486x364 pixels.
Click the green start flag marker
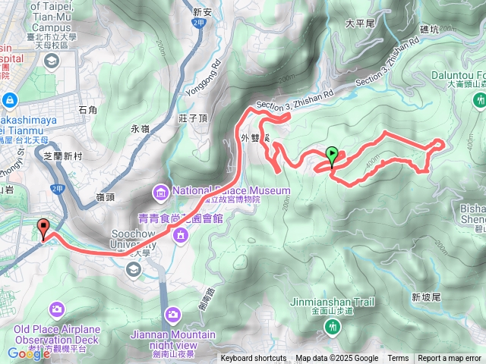(x=332, y=155)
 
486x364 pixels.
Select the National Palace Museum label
(x=231, y=190)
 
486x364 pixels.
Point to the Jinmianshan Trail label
(x=333, y=302)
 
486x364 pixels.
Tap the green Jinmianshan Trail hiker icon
(x=333, y=326)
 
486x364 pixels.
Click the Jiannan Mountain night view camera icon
(x=172, y=314)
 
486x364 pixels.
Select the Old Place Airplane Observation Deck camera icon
(x=57, y=309)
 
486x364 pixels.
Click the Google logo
(x=29, y=353)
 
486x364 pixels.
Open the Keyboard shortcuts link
(x=254, y=359)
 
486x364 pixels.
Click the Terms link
(x=398, y=359)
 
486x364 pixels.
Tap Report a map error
(x=450, y=359)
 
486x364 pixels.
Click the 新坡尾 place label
(x=425, y=297)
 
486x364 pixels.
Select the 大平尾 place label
(x=360, y=24)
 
